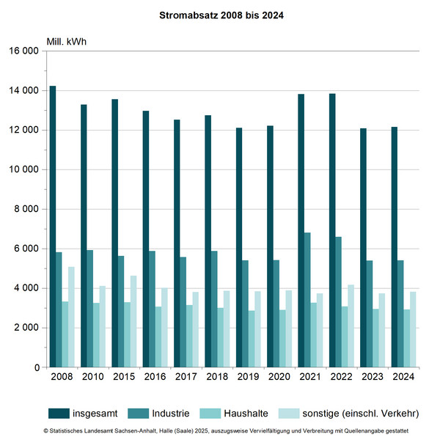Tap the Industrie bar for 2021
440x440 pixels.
pyautogui.click(x=307, y=300)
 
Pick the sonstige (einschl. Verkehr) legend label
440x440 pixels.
pyautogui.click(x=359, y=414)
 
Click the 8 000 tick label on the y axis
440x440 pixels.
pyautogui.click(x=26, y=209)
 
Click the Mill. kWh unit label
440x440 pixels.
pyautogui.click(x=67, y=40)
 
